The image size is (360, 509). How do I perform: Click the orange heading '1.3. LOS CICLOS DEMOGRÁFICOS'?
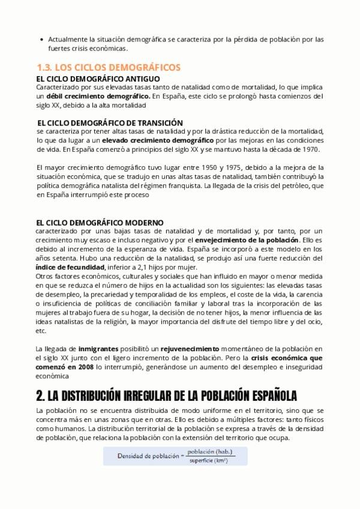[x=109, y=67]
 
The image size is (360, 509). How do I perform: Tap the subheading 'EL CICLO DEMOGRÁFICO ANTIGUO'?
[x=98, y=79]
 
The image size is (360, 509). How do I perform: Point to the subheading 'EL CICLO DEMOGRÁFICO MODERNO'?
[x=100, y=223]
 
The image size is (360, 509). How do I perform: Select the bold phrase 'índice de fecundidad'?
[x=70, y=267]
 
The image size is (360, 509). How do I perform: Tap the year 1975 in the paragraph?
[x=233, y=167]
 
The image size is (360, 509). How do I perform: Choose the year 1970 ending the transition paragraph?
[x=312, y=149]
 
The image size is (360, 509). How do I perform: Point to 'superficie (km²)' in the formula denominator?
[x=209, y=460]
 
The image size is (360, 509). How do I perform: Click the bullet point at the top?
[x=40, y=40]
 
